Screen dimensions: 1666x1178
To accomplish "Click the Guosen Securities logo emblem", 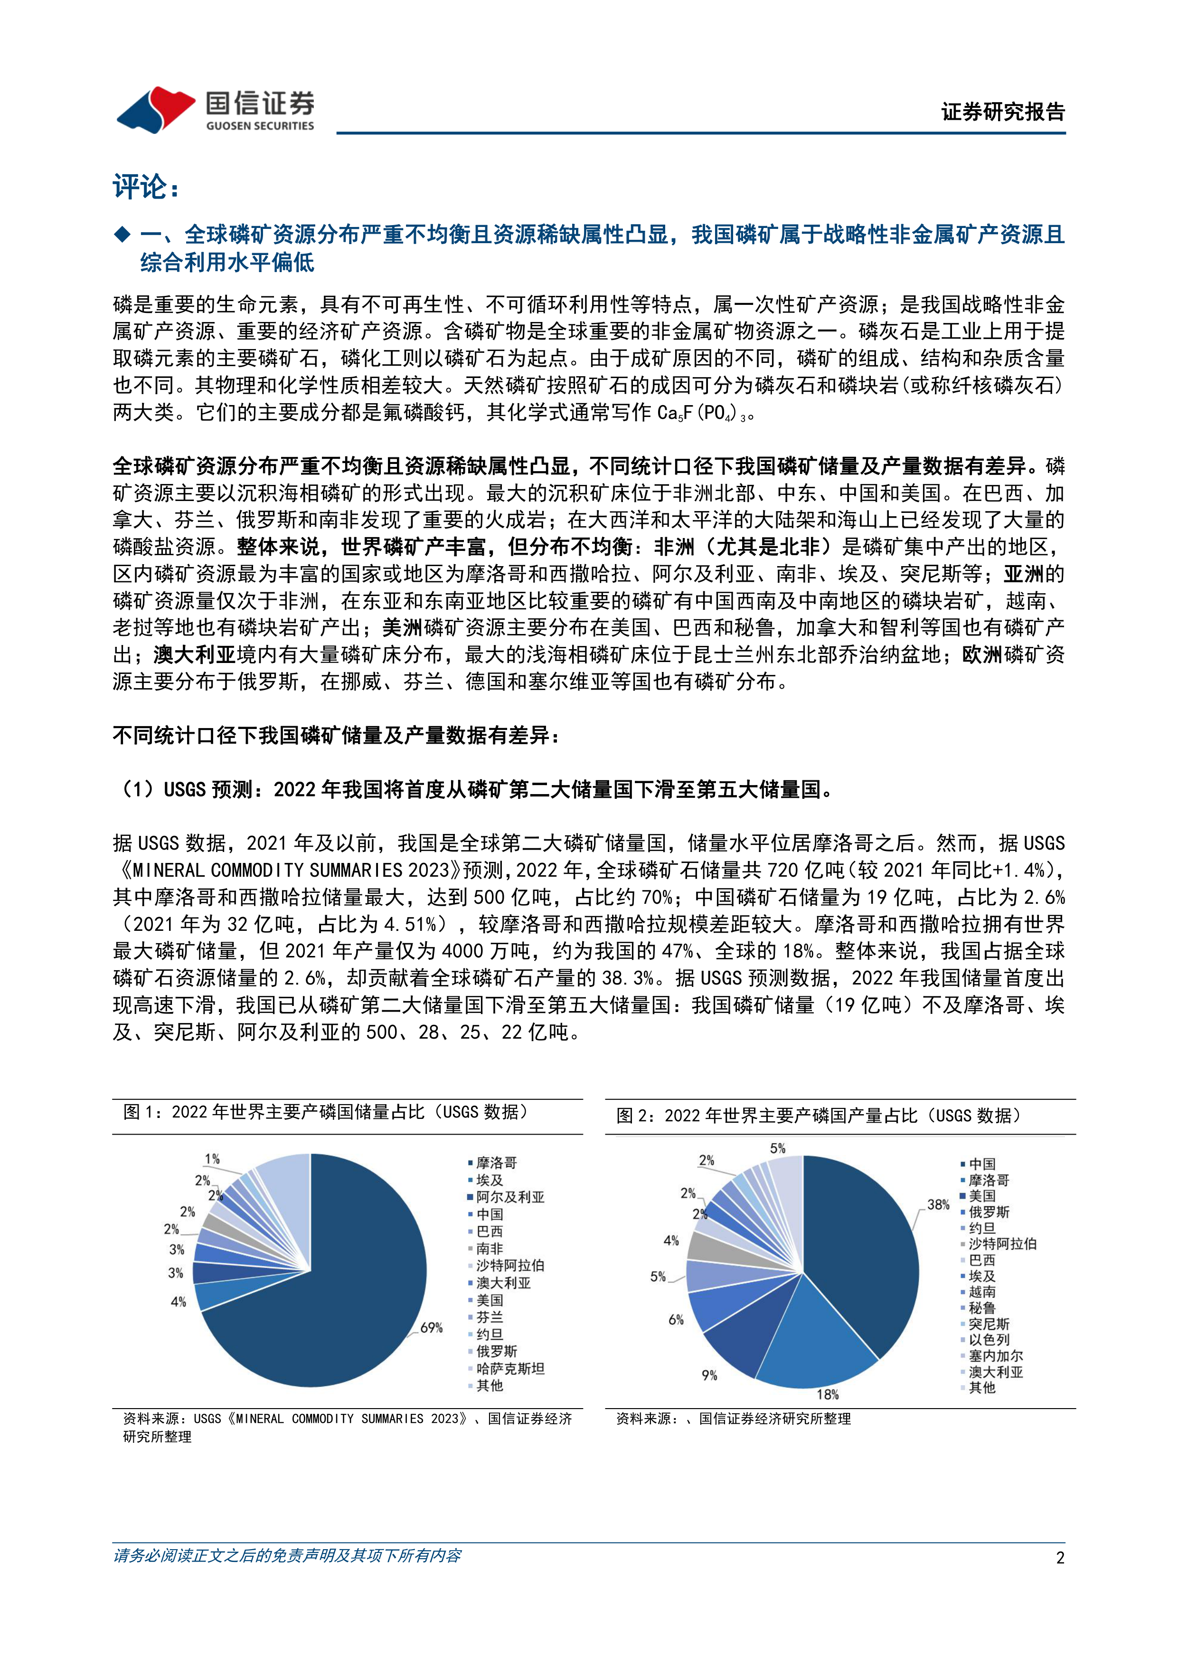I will coord(155,110).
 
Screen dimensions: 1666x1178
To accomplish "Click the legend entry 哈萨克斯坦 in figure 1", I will coord(510,1369).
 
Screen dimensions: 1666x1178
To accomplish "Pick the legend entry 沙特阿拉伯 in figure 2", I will coord(1002,1244).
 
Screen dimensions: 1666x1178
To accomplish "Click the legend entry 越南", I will coord(982,1292).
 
